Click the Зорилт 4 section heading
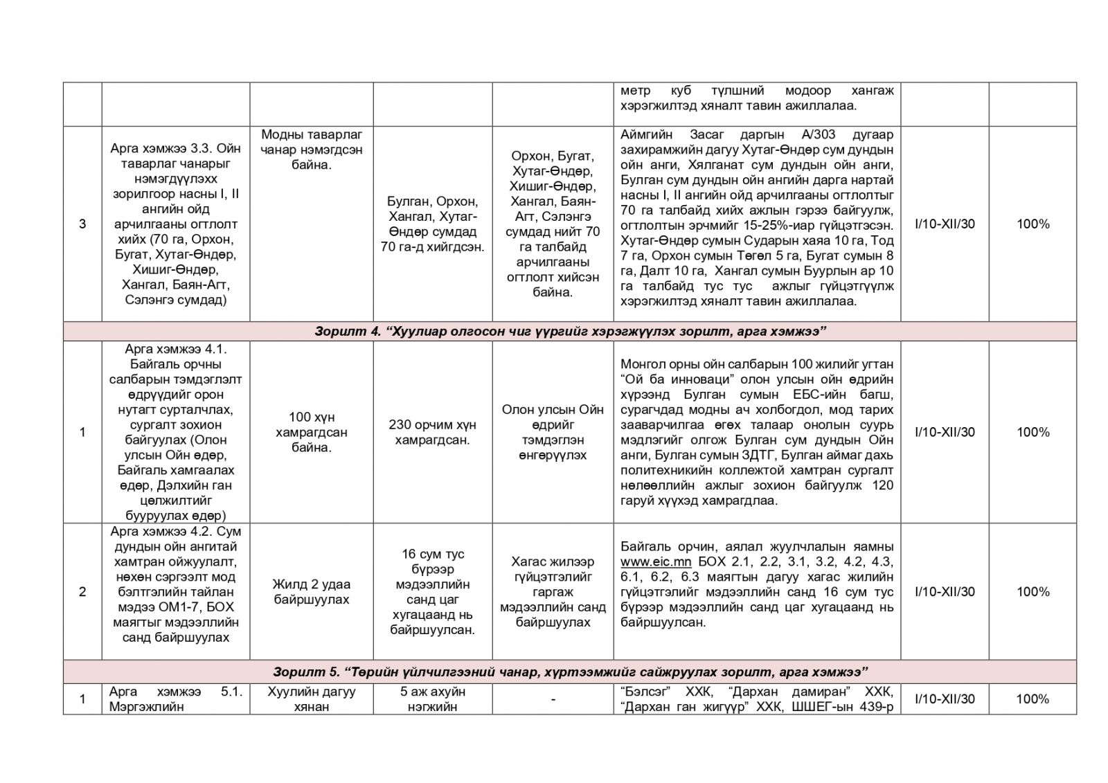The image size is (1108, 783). (569, 332)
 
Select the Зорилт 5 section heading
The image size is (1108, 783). (569, 672)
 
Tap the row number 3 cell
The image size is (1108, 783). (82, 224)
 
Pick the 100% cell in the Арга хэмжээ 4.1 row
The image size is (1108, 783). (1033, 432)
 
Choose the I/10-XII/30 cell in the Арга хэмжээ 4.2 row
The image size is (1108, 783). (945, 591)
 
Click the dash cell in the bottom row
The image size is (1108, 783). (553, 699)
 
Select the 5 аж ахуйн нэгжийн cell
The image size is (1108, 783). (433, 699)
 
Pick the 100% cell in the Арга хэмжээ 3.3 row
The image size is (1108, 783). (1033, 224)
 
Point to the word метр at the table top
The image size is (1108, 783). (636, 91)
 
